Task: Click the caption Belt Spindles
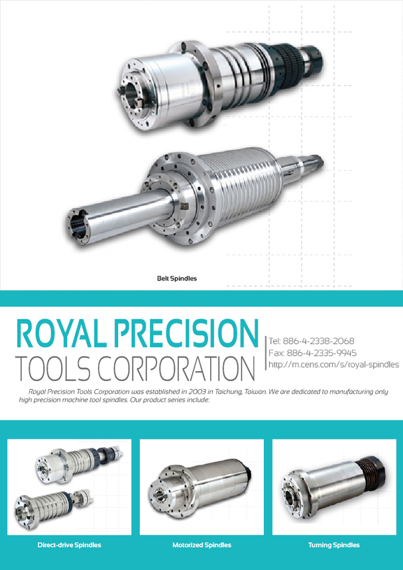pos(176,278)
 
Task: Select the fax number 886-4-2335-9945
pos(321,353)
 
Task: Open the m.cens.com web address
pos(334,365)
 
